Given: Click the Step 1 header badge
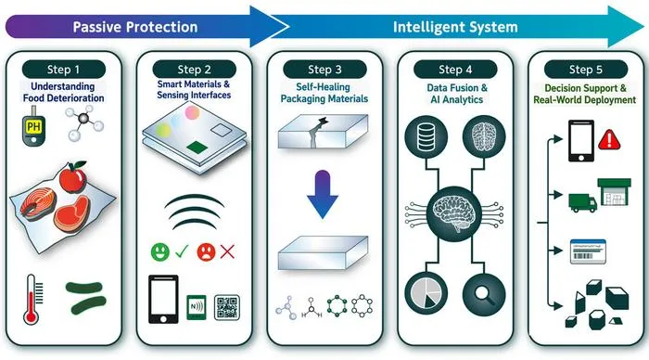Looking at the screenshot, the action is [x=64, y=70].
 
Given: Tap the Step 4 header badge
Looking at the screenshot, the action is [x=455, y=70].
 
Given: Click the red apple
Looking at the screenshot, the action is [x=73, y=177].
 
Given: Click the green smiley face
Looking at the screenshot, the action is [x=160, y=251].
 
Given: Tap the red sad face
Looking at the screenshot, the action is [x=206, y=251].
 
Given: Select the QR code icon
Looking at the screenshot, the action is [x=227, y=307].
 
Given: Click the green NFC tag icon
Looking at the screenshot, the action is [x=197, y=307].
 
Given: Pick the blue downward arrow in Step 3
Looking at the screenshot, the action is [x=323, y=194].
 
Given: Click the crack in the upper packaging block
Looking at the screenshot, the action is [x=317, y=132].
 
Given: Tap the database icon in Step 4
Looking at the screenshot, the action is [x=426, y=137].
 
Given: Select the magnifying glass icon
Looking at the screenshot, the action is [x=484, y=294].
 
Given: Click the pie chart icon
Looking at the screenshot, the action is [x=426, y=294].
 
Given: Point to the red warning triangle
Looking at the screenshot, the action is [x=609, y=139].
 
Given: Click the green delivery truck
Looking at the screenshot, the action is [x=583, y=202].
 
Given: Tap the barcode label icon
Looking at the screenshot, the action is [x=588, y=251].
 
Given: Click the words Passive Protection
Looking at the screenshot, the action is [x=135, y=27].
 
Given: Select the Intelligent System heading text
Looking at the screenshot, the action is [x=455, y=27].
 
